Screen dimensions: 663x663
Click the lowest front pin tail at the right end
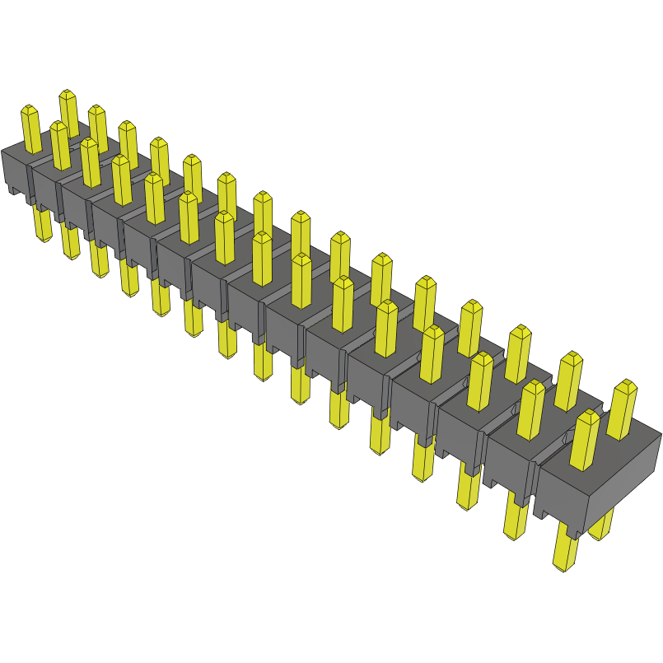(x=565, y=548)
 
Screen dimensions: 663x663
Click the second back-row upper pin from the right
(x=568, y=380)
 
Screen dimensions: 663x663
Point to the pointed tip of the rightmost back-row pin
(x=628, y=385)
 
